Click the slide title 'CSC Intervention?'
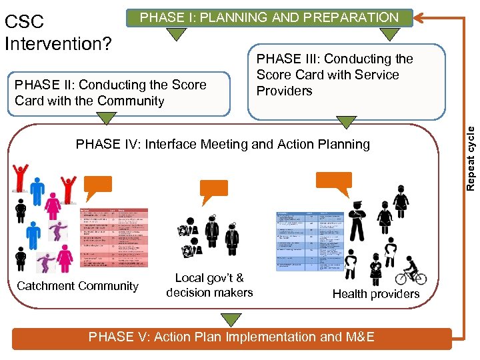pos(57,33)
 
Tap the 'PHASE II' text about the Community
pos(111,93)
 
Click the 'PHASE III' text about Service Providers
pos(335,75)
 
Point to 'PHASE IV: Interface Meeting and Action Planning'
pos(223,144)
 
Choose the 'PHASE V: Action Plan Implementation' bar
pos(231,337)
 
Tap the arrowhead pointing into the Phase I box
pos(419,14)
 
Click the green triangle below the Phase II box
pos(105,119)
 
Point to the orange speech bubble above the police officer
pos(333,181)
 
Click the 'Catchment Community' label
pos(77,286)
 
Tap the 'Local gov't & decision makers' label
pos(209,285)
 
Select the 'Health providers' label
pos(376,294)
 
